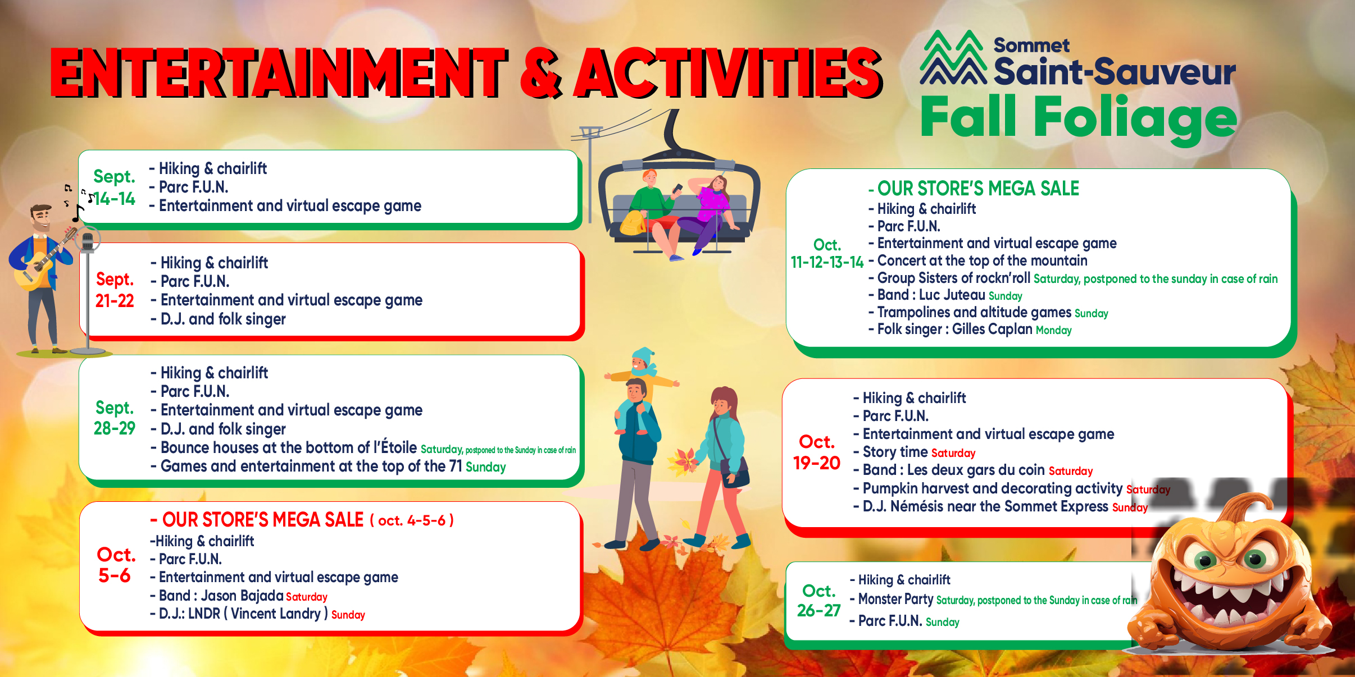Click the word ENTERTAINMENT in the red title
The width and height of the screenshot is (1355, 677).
pyautogui.click(x=279, y=72)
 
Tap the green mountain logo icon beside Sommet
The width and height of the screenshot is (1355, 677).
pyautogui.click(x=953, y=57)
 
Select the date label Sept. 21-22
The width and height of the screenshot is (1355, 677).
pyautogui.click(x=115, y=290)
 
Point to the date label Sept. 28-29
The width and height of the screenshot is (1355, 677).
pyautogui.click(x=115, y=418)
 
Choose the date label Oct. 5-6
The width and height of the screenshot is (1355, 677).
pyautogui.click(x=116, y=565)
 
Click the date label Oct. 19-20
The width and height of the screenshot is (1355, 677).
pyautogui.click(x=817, y=452)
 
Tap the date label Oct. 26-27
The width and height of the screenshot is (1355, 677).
pyautogui.click(x=819, y=601)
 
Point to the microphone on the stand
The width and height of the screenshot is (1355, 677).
pyautogui.click(x=87, y=242)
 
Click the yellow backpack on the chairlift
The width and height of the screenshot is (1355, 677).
pyautogui.click(x=633, y=223)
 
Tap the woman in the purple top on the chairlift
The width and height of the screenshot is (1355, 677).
pyautogui.click(x=706, y=213)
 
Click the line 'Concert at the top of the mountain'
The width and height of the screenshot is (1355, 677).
pyautogui.click(x=982, y=260)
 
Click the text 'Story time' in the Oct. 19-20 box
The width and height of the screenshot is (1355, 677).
pyautogui.click(x=895, y=452)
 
